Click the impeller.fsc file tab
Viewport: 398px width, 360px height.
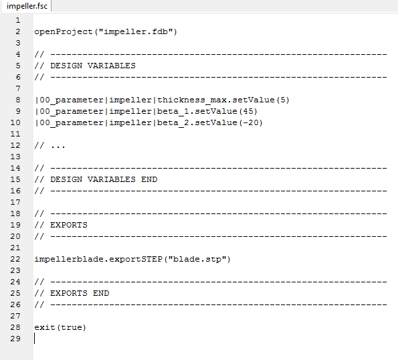click(27, 6)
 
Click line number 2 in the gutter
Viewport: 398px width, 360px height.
click(18, 31)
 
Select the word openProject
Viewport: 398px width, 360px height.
click(64, 31)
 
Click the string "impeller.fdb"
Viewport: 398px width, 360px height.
click(136, 31)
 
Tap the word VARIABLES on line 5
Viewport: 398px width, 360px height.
click(112, 66)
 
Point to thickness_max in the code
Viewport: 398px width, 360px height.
click(191, 100)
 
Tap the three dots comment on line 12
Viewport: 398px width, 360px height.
click(58, 147)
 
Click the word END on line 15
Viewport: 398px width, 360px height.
click(149, 179)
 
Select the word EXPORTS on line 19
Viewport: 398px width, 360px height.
click(69, 225)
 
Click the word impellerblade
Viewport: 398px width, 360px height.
click(69, 259)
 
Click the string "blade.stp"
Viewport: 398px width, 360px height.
click(197, 259)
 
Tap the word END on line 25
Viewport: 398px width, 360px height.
click(101, 293)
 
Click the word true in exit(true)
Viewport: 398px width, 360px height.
click(72, 327)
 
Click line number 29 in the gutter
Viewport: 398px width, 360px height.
click(15, 339)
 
